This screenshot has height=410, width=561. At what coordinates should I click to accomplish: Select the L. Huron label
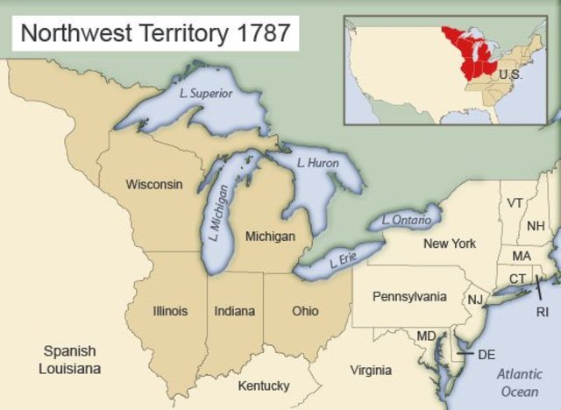click(x=317, y=163)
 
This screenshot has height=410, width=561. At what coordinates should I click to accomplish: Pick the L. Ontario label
click(x=406, y=221)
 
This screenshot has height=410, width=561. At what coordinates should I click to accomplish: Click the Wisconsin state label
click(x=154, y=185)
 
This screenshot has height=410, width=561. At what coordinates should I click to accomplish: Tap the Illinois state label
click(x=170, y=311)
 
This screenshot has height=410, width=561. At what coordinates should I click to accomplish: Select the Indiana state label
click(x=235, y=311)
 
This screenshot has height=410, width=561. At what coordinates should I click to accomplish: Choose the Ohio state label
click(x=305, y=311)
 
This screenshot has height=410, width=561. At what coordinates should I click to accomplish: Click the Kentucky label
click(x=263, y=385)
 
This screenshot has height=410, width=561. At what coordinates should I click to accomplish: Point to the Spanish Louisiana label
click(x=69, y=359)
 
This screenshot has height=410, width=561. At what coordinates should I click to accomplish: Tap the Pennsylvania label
click(x=410, y=296)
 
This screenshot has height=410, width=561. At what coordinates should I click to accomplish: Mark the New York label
click(x=450, y=243)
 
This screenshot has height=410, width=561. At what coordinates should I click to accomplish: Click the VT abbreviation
click(x=515, y=202)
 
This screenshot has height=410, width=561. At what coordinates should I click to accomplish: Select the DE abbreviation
click(x=486, y=355)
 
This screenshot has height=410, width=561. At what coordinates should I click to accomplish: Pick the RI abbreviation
click(x=543, y=311)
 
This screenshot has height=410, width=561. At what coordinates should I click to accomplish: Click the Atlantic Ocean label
click(x=518, y=382)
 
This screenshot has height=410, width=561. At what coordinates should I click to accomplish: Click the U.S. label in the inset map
click(x=509, y=74)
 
